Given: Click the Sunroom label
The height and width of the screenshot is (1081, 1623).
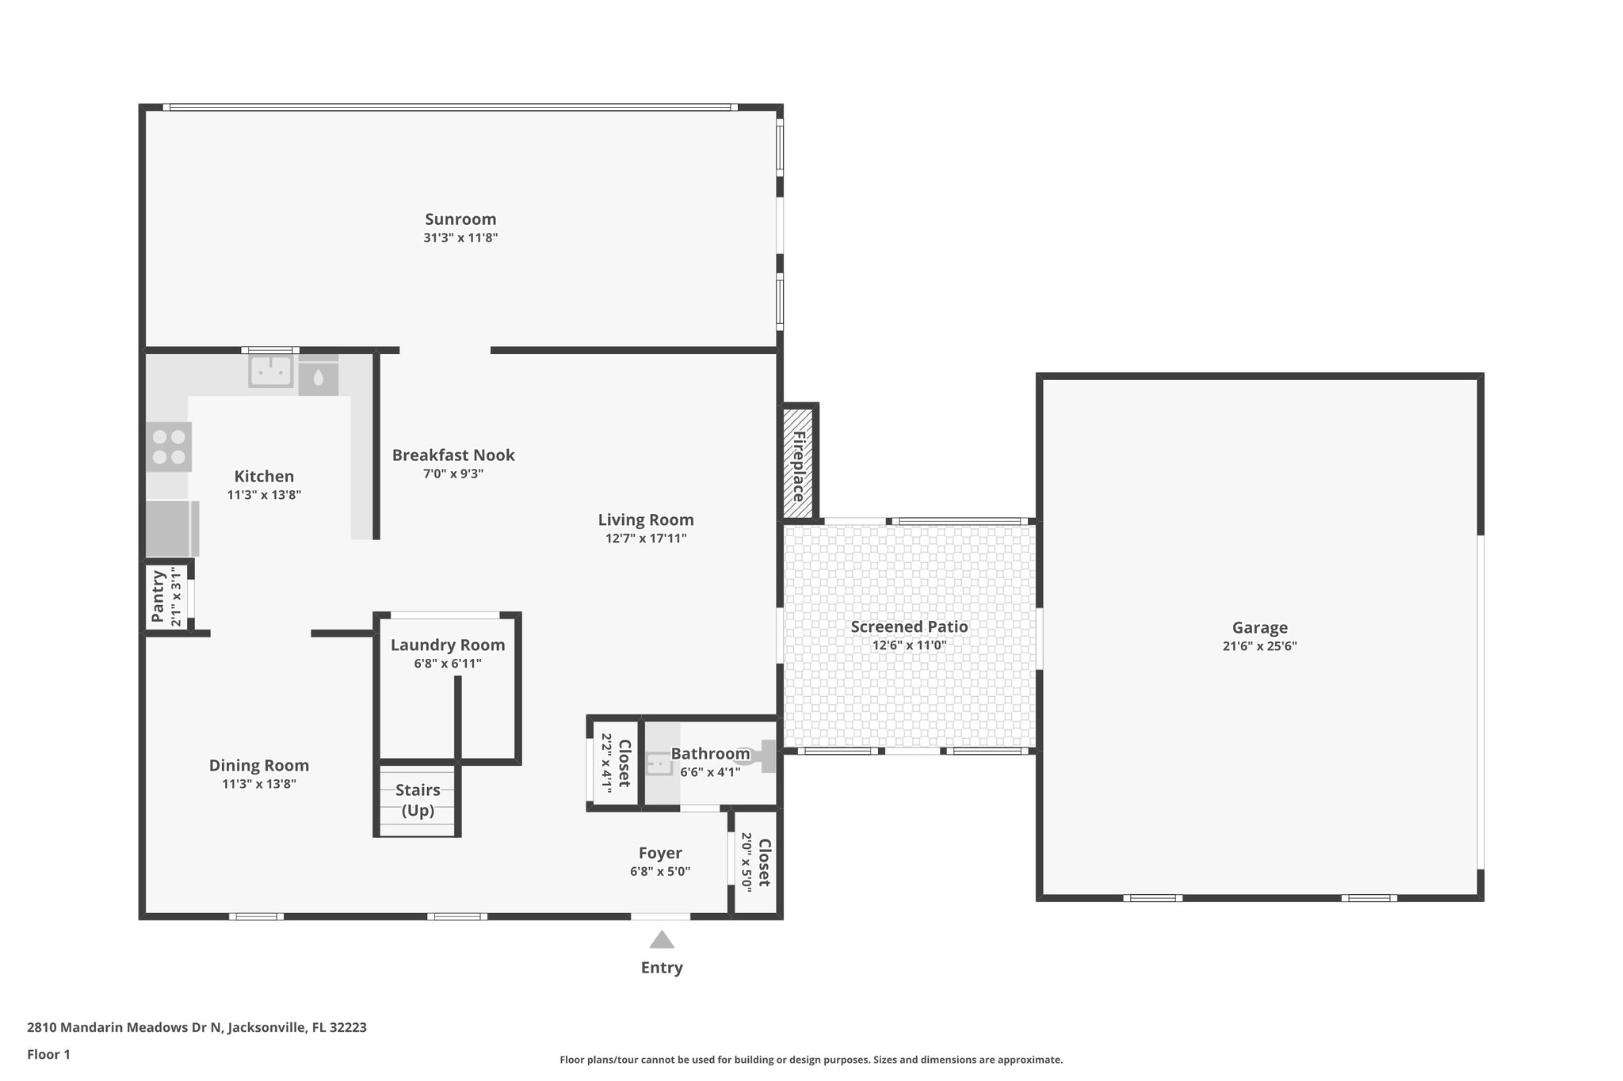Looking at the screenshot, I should pyautogui.click(x=460, y=219).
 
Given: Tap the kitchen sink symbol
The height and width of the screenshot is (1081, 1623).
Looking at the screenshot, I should pyautogui.click(x=271, y=371).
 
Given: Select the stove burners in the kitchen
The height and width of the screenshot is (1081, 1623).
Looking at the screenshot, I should pyautogui.click(x=169, y=447).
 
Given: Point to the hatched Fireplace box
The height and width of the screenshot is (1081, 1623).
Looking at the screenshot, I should pyautogui.click(x=799, y=462).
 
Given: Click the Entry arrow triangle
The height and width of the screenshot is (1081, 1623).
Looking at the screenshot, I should pyautogui.click(x=662, y=940).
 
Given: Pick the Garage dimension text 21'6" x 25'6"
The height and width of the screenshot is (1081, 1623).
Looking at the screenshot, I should pyautogui.click(x=1259, y=646).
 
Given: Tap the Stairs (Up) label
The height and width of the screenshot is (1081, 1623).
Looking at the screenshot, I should pyautogui.click(x=418, y=800).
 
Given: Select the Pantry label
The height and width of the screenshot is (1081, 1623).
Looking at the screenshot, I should pyautogui.click(x=158, y=597).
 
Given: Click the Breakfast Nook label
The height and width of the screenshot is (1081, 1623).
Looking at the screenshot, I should pyautogui.click(x=453, y=455).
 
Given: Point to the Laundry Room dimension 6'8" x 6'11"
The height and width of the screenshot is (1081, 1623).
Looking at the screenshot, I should pyautogui.click(x=448, y=664).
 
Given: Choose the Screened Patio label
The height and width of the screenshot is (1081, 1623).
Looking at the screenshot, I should pyautogui.click(x=909, y=627).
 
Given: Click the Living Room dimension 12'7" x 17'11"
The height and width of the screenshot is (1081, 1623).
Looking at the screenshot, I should pyautogui.click(x=646, y=539).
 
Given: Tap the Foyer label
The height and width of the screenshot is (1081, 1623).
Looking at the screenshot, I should pyautogui.click(x=660, y=853).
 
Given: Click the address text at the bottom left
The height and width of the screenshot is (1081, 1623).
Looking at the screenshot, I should pyautogui.click(x=197, y=1027).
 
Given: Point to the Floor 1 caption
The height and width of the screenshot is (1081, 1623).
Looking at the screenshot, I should pyautogui.click(x=48, y=1054).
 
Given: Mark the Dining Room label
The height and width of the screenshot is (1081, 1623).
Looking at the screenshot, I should pyautogui.click(x=259, y=766).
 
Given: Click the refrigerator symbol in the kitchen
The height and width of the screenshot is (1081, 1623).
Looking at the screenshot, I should pyautogui.click(x=170, y=528).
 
